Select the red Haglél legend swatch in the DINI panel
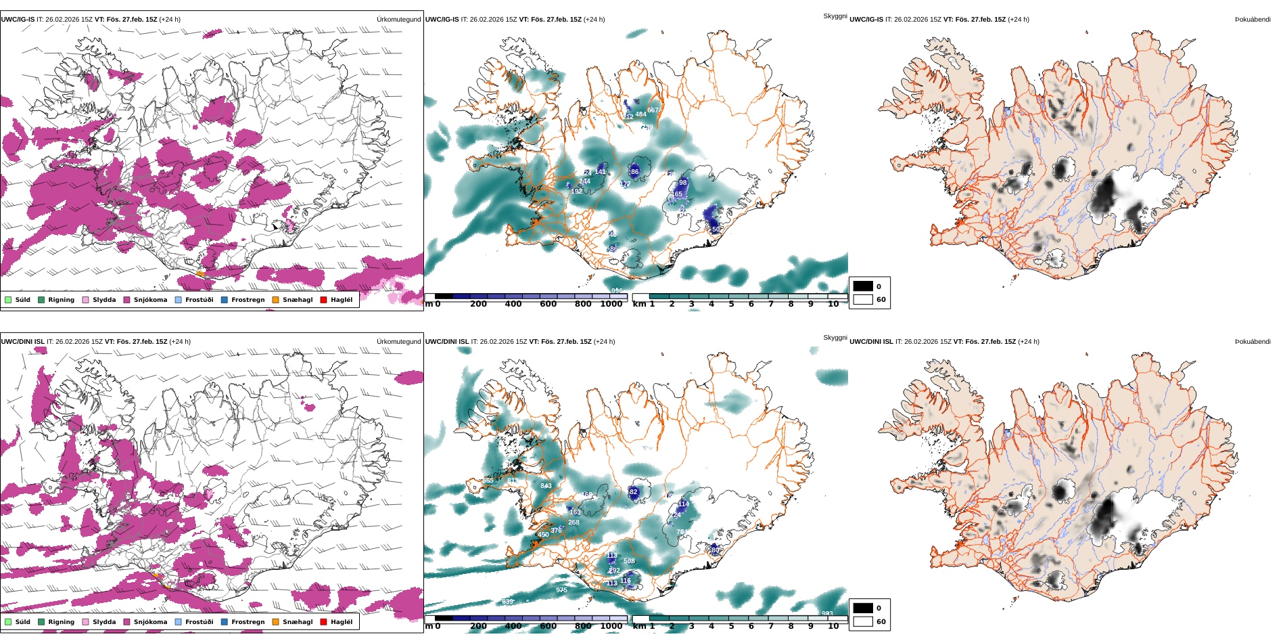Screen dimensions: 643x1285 [324, 622]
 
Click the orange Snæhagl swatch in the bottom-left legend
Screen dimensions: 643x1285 [276, 622]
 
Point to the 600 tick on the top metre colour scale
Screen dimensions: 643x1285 [548, 304]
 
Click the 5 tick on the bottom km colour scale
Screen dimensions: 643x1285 [731, 626]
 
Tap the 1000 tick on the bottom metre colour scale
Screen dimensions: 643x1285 [611, 626]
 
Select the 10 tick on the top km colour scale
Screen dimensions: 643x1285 [833, 304]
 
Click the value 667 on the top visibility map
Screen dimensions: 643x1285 [653, 110]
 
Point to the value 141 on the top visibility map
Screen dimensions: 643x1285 [600, 172]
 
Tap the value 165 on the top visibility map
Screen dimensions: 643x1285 [677, 194]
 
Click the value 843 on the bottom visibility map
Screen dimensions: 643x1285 [546, 486]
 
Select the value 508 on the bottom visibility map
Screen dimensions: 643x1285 [629, 561]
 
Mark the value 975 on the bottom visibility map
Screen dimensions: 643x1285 [561, 590]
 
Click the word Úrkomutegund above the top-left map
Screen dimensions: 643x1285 [398, 20]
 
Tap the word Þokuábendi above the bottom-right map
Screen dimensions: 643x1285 [1253, 342]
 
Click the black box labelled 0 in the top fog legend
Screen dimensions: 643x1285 [863, 286]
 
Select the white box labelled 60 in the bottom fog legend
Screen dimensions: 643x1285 [863, 621]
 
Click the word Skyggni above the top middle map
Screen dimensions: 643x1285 [835, 16]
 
